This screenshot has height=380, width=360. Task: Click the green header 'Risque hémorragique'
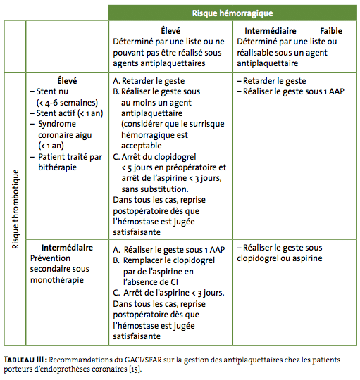(232, 13)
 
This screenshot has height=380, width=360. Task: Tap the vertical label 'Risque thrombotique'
(15, 209)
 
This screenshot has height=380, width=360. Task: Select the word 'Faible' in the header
(331, 31)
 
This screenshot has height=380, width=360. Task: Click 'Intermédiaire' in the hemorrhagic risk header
(271, 31)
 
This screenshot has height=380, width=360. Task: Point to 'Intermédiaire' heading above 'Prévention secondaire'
(67, 248)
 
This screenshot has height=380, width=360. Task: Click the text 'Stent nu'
(52, 91)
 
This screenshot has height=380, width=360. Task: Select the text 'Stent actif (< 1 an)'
(70, 113)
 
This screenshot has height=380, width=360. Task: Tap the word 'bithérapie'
(58, 167)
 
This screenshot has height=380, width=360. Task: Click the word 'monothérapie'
(57, 280)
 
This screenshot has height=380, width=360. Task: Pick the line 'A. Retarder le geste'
(149, 81)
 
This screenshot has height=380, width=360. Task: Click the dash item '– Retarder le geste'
(271, 81)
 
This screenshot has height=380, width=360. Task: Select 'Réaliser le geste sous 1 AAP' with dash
(290, 91)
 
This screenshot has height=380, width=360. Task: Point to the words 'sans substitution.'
(155, 189)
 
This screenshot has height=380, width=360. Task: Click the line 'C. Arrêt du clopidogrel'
(154, 157)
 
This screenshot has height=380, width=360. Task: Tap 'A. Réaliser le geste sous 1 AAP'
(169, 250)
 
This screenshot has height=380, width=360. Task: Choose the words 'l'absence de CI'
(151, 282)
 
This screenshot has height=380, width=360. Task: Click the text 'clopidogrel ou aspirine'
(280, 258)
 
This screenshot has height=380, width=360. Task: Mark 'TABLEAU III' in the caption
(23, 360)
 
